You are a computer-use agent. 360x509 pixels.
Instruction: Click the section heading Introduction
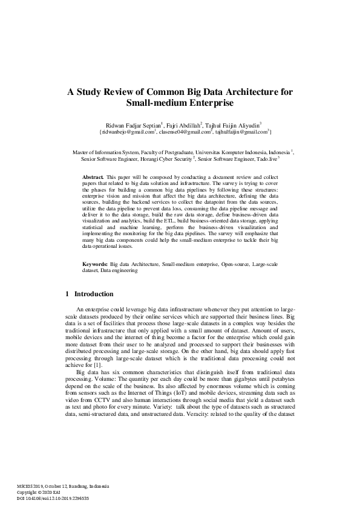pyautogui.click(x=93, y=294)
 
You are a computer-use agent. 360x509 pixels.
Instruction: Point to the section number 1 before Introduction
pyautogui.click(x=67, y=294)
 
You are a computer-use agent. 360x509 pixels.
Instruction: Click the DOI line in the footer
pyautogui.click(x=53, y=498)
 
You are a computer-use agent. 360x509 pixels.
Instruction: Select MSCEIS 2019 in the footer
pyautogui.click(x=31, y=486)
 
